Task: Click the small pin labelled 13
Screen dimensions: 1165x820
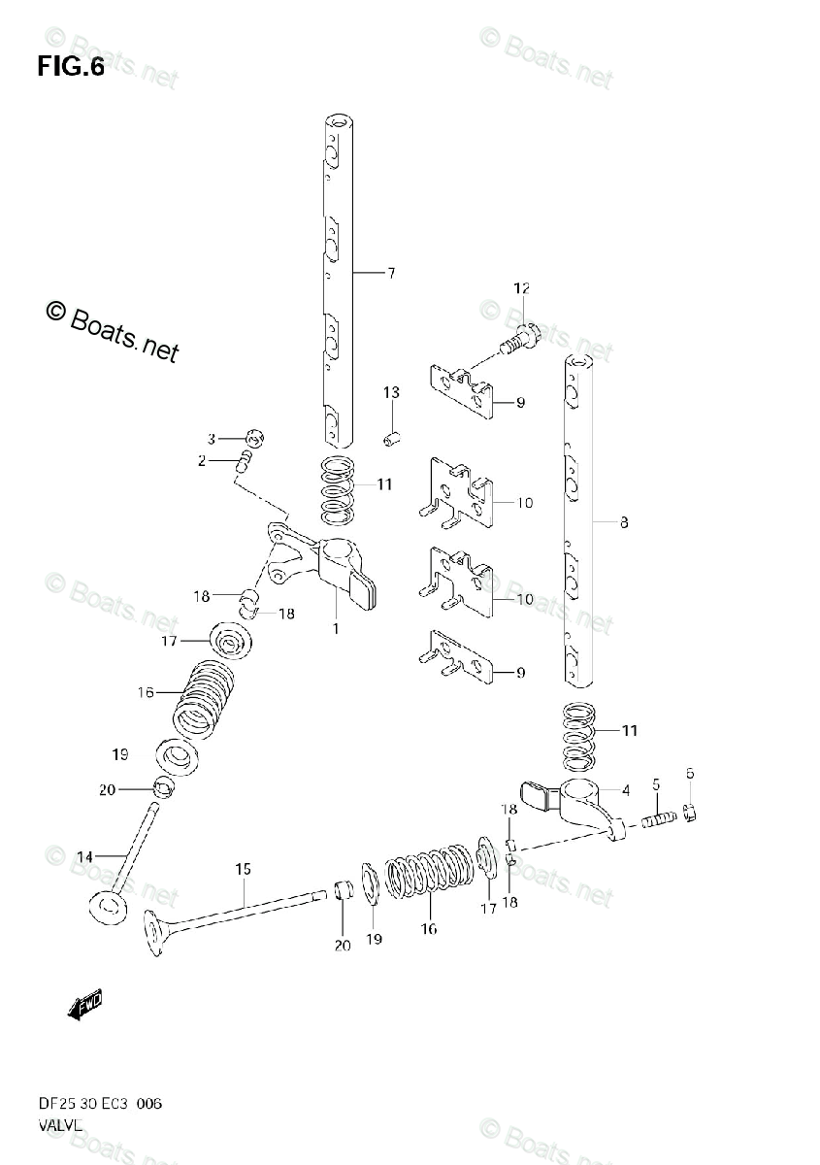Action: tap(390, 439)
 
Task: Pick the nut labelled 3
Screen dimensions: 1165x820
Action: tap(255, 437)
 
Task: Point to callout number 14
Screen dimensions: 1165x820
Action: tap(84, 856)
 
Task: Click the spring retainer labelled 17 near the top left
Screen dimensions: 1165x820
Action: tap(230, 642)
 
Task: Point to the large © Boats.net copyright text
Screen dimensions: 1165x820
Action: tap(113, 330)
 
